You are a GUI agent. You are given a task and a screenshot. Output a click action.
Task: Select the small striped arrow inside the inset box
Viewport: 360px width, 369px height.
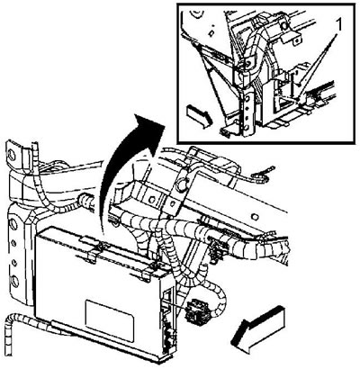click(199, 116)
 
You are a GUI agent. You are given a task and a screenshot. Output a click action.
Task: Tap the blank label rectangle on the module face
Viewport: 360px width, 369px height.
click(109, 320)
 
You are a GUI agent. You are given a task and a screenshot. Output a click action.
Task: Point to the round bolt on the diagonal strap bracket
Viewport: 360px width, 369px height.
click(182, 184)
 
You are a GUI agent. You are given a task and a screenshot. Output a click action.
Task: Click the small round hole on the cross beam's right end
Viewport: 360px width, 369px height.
click(254, 217)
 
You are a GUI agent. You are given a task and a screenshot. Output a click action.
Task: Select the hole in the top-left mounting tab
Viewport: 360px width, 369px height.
click(13, 156)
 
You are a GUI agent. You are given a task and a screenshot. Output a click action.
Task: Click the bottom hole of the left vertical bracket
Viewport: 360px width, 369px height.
click(14, 281)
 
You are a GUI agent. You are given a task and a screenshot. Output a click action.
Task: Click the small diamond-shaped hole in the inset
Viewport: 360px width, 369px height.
click(211, 33)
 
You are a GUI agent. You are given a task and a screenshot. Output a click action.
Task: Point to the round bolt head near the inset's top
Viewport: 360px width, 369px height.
click(283, 26)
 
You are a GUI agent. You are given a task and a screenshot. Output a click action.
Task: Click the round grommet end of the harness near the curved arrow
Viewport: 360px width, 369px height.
click(85, 201)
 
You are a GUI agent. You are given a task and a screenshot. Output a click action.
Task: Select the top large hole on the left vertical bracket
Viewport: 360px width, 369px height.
click(13, 223)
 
